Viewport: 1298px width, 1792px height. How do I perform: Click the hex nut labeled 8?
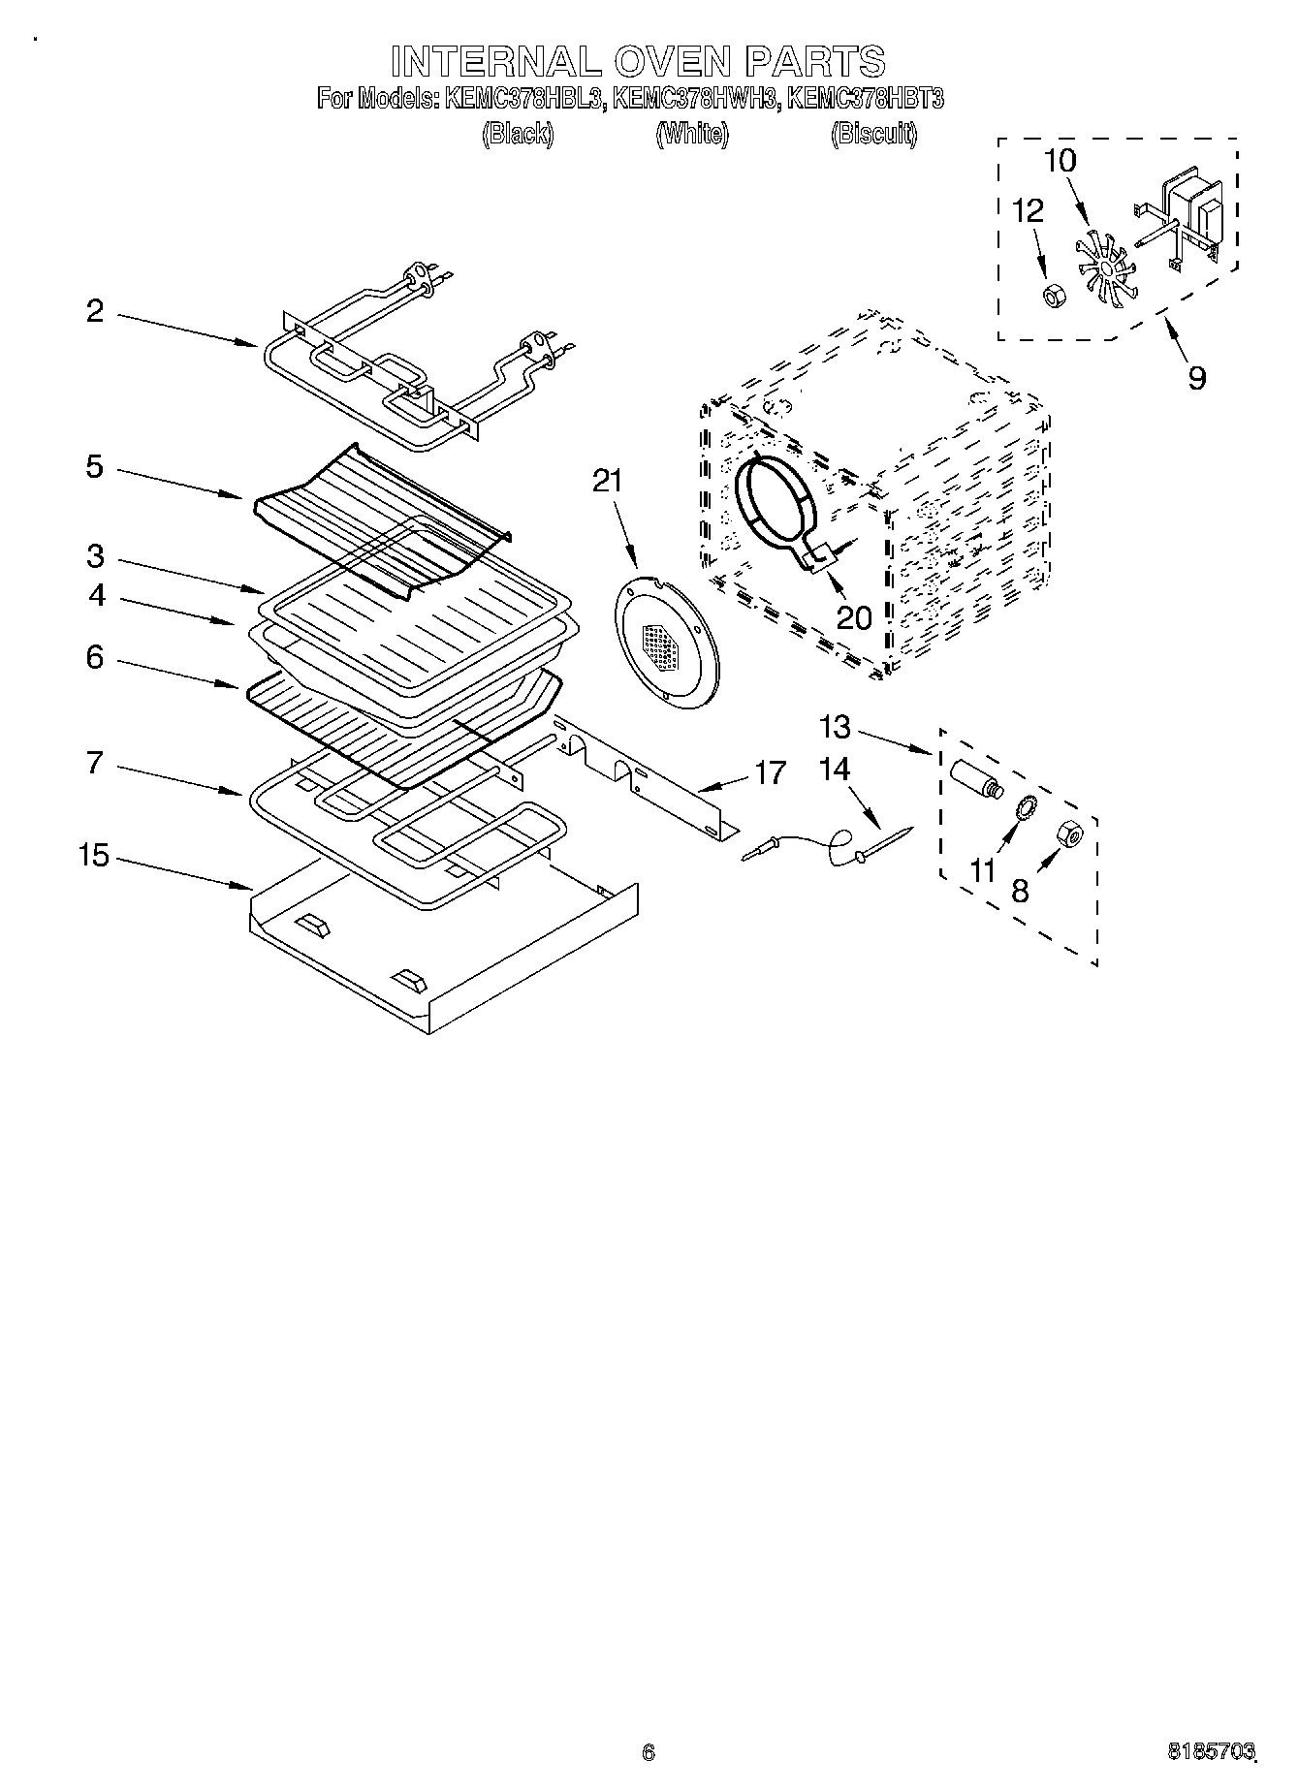click(1069, 833)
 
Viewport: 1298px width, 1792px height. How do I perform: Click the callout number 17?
click(772, 772)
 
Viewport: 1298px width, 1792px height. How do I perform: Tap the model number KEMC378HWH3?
click(695, 99)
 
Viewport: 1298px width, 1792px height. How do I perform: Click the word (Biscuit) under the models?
click(873, 134)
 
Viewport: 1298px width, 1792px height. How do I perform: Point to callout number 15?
click(94, 857)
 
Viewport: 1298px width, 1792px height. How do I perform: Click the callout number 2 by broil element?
click(94, 311)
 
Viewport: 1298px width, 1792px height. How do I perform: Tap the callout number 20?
click(854, 617)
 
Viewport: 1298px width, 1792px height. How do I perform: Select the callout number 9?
click(1197, 378)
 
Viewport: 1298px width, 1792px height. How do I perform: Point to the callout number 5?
click(94, 467)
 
